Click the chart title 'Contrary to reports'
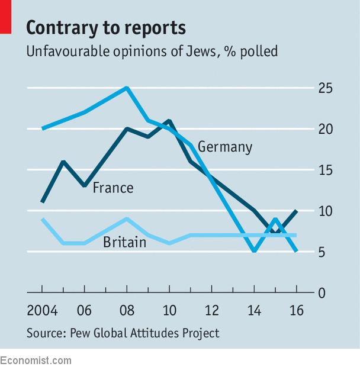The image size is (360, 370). (x=106, y=28)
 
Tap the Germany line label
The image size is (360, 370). (x=225, y=147)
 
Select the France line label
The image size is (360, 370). (x=113, y=188)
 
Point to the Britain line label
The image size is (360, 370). (x=125, y=242)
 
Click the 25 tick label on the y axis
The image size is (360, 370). (x=325, y=88)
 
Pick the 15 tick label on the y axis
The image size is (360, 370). (x=326, y=170)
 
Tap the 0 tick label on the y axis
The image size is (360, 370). (x=322, y=293)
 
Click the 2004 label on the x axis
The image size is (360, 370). (x=42, y=310)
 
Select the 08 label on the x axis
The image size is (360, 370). (x=127, y=310)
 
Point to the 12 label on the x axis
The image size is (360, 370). (x=212, y=310)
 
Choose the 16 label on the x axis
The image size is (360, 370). (x=297, y=310)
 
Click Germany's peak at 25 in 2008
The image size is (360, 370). (x=127, y=88)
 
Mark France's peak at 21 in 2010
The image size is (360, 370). (x=169, y=121)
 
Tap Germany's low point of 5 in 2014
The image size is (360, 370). (x=254, y=251)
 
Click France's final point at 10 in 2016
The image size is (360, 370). (x=297, y=211)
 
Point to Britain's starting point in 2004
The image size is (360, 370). (x=42, y=219)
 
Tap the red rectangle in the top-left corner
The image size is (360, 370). (x=6, y=17)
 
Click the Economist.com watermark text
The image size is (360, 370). (x=36, y=361)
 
